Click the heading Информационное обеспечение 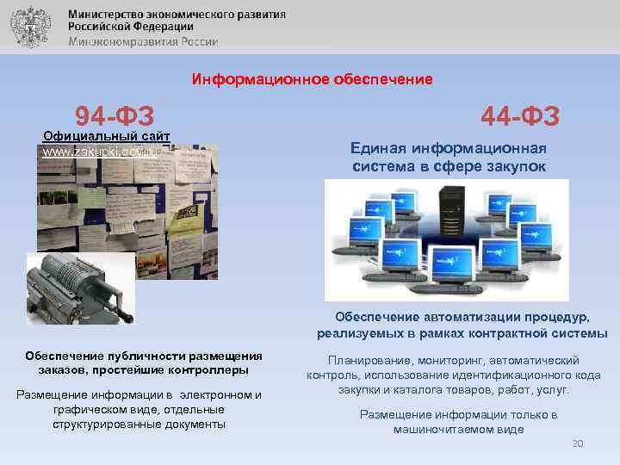click(x=312, y=79)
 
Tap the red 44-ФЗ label click(x=520, y=115)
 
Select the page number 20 click(x=578, y=443)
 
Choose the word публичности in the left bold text click(x=139, y=356)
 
